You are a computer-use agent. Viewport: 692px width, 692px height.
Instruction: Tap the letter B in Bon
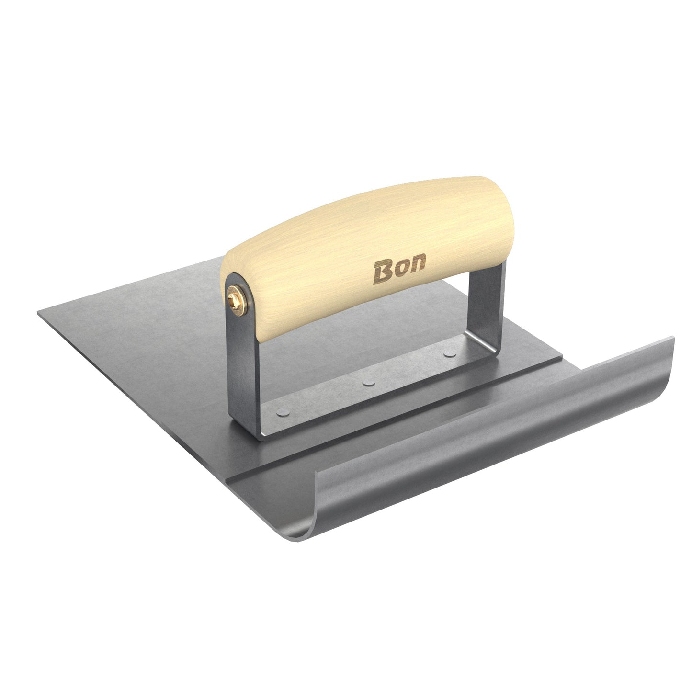click(384, 272)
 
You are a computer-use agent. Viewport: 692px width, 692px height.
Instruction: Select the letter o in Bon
click(401, 269)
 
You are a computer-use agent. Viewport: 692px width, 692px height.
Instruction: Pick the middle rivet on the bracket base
click(368, 383)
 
